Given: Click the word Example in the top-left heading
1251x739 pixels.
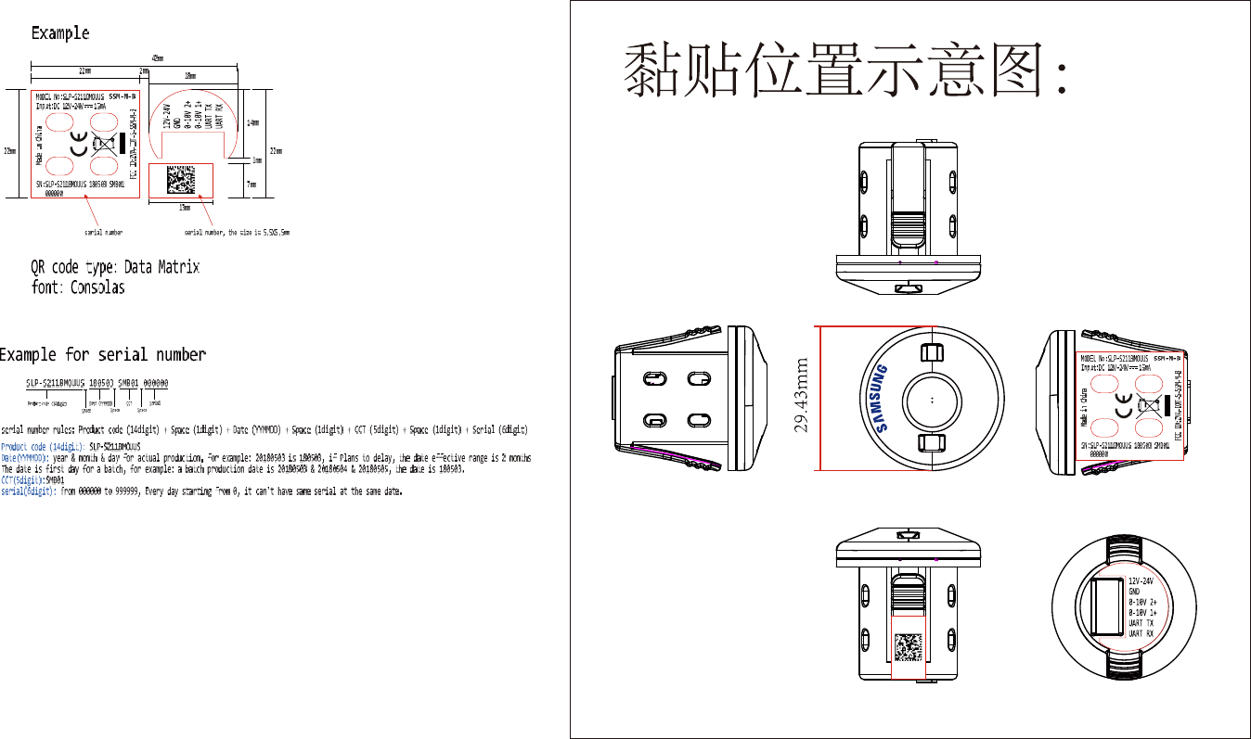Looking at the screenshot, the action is coord(60,33).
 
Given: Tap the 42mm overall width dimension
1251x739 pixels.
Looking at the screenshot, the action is coord(157,57).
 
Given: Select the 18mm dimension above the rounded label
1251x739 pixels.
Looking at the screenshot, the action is coord(189,75).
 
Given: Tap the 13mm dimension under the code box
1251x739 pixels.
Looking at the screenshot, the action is coord(185,206).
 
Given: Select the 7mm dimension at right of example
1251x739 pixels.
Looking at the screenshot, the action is coord(251,184).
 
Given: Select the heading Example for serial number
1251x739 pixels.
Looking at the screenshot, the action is coord(103,354).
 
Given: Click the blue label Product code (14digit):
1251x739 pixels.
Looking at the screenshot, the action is coord(43,446).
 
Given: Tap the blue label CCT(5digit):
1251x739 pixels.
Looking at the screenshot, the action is coord(22,479).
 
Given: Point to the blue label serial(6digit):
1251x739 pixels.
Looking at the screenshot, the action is coord(29,491).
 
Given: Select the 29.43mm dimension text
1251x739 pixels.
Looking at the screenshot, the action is coord(804,396).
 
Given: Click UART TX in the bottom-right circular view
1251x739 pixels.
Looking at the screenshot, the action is coord(1141,623).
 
